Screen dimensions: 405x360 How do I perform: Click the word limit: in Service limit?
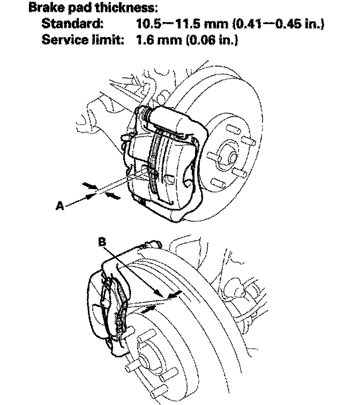109,41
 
